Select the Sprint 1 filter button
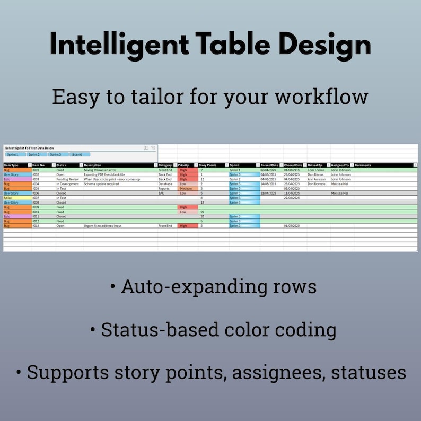pos(16,154)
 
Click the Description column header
pos(93,165)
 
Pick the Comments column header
pos(363,165)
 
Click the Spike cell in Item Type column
pos(8,198)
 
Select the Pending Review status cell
pos(67,179)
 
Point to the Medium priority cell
pos(186,188)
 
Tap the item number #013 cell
pos(36,226)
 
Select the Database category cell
pos(165,184)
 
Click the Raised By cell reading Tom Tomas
pos(316,170)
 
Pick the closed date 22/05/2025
pos(292,198)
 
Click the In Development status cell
pos(68,184)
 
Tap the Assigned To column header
pos(340,165)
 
